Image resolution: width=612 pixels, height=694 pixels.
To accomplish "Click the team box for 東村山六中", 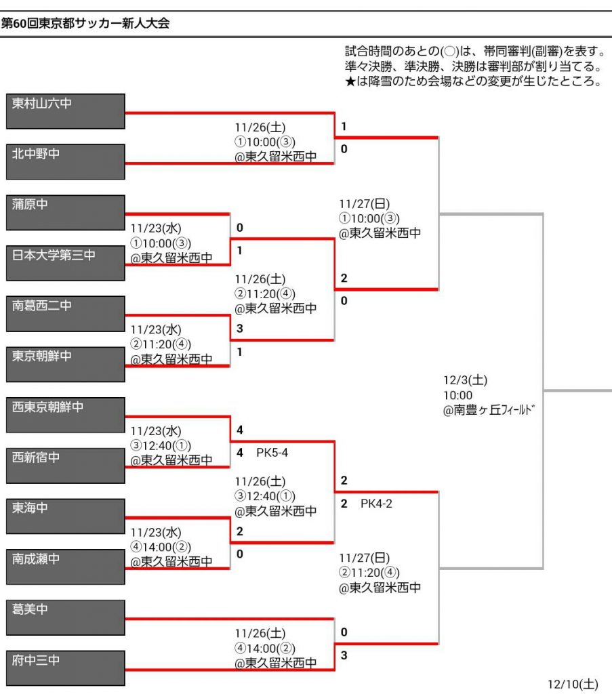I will [65, 111].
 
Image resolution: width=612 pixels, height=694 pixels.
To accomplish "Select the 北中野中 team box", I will [65, 161].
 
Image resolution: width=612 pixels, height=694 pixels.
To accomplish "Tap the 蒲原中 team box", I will [65, 212].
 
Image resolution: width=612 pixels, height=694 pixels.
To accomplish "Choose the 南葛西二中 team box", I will [65, 313].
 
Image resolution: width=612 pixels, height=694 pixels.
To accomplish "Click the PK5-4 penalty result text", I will [272, 452].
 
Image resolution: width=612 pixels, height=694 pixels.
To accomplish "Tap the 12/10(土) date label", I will [573, 684].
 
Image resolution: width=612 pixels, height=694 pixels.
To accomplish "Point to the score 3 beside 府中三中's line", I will [344, 655].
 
